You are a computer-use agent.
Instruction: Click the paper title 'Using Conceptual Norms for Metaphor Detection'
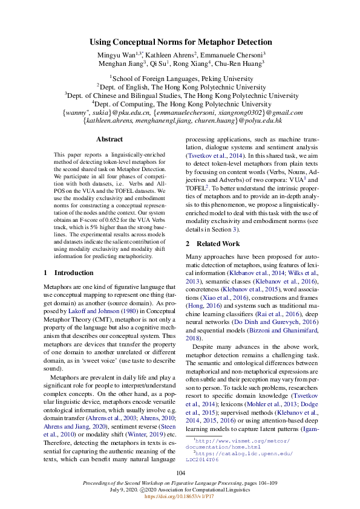point(180,42)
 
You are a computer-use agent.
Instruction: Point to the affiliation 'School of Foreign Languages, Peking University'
point(180,78)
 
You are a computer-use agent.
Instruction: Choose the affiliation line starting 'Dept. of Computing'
point(180,104)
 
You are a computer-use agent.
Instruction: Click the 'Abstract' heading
point(109,139)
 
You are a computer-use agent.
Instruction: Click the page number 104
point(180,472)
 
